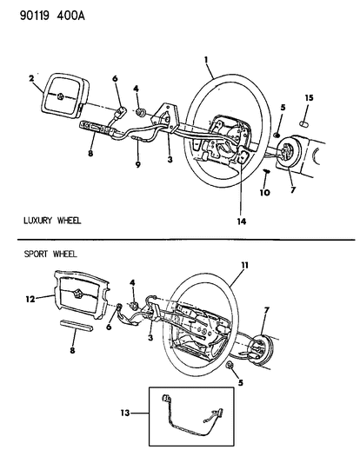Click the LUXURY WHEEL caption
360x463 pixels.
tap(52, 220)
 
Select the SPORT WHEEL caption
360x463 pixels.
tap(46, 254)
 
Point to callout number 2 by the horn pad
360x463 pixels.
tap(32, 78)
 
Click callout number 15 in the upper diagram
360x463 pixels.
tap(308, 96)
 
